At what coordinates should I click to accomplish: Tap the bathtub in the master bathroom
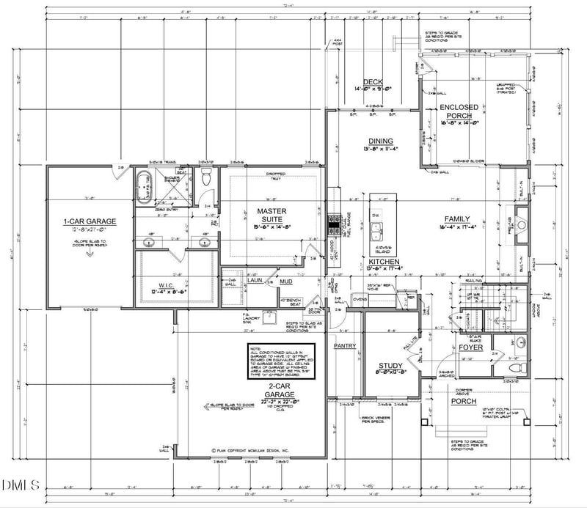pos(142,188)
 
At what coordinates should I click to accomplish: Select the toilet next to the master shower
pos(206,177)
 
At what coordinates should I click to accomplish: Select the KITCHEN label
pos(383,262)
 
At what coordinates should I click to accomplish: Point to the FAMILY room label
pos(456,219)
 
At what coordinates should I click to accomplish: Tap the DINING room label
pos(380,141)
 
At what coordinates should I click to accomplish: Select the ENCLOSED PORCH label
pos(459,111)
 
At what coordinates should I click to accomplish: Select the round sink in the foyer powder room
pos(519,342)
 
